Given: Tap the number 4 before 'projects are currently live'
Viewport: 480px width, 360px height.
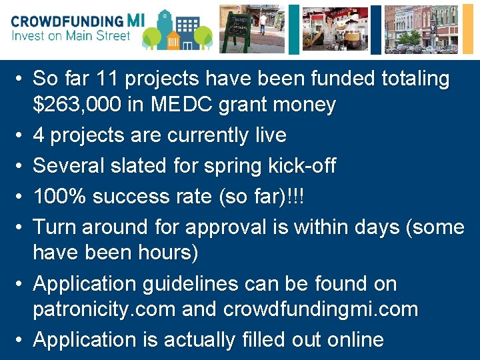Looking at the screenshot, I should (39, 135).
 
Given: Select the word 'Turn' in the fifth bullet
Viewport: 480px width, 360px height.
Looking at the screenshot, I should (56, 227).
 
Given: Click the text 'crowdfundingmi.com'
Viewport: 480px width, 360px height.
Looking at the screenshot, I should (321, 309).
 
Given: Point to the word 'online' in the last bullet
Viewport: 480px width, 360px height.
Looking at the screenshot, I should (356, 340).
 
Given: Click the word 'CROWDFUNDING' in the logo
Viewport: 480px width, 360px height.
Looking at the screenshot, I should (67, 21).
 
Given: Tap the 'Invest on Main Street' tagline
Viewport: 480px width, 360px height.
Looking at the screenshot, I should (71, 36).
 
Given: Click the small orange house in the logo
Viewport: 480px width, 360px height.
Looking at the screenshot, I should (175, 39).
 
